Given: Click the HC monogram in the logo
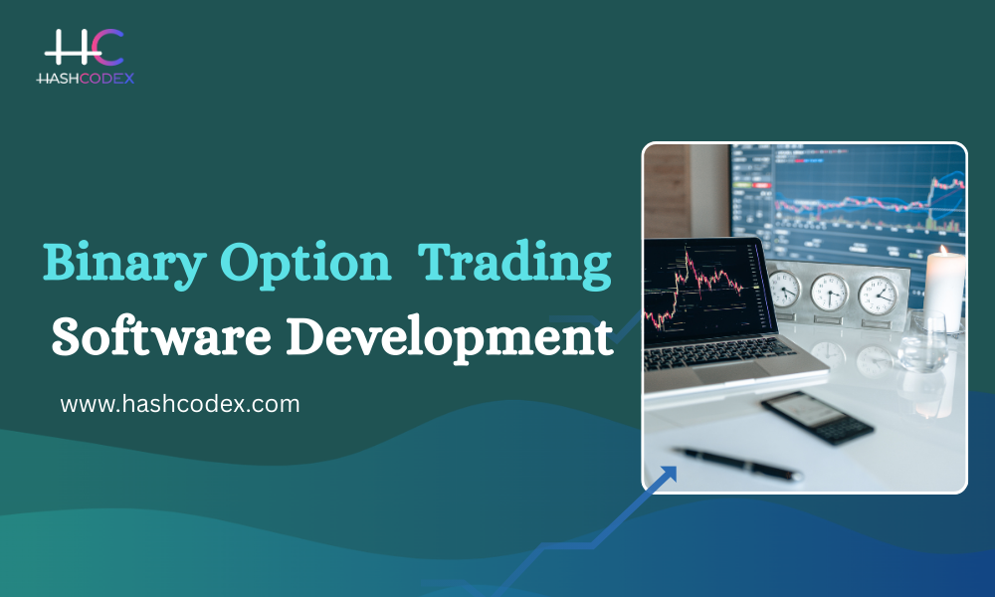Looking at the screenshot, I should click(x=84, y=48).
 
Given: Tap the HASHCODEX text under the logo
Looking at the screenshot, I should click(x=85, y=77).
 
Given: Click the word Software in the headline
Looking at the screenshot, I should click(x=154, y=337).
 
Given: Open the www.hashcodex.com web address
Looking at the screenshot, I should click(x=180, y=404).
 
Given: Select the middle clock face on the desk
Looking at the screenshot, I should click(x=829, y=293).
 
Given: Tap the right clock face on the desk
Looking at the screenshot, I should click(x=877, y=295).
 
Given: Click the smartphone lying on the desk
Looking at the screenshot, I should click(x=816, y=417).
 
